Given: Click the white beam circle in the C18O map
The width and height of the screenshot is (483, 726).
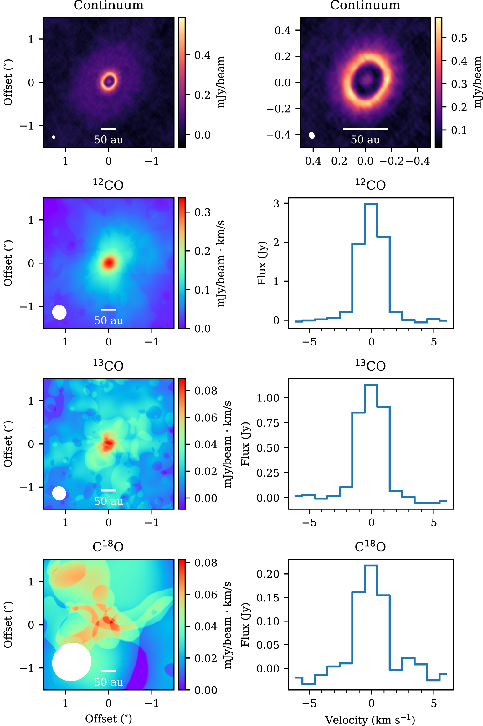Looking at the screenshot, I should [x=72, y=662].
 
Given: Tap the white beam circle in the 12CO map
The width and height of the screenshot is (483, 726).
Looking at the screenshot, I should [x=59, y=312].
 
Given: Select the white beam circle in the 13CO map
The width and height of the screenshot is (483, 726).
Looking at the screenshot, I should [x=59, y=493].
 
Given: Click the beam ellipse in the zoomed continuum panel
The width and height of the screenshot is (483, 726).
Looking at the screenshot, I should [x=312, y=135].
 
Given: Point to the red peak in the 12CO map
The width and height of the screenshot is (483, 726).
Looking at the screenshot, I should [x=109, y=263].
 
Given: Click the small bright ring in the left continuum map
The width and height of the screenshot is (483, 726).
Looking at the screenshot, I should [x=109, y=81].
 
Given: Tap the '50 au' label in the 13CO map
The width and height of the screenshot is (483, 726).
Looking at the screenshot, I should [x=109, y=501].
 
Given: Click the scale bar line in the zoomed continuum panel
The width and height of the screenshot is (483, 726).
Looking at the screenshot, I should [x=365, y=129].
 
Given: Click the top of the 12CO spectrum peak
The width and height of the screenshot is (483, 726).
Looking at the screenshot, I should [x=371, y=204].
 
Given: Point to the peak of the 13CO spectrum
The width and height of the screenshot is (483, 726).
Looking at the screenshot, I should [x=371, y=385].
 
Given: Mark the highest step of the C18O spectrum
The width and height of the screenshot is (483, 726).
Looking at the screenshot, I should [x=371, y=565].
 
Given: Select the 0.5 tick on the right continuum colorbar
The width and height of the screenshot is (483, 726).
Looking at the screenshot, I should [x=459, y=38].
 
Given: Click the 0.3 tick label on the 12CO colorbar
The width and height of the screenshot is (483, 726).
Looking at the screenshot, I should [x=202, y=212].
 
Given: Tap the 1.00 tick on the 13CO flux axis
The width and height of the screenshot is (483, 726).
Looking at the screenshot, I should [x=268, y=398].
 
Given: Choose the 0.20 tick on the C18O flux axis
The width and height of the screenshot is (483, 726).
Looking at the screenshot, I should [x=268, y=574].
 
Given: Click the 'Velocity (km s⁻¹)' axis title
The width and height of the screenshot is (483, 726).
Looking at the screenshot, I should [x=370, y=720].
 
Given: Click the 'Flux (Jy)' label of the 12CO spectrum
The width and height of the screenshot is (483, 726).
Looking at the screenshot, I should [x=262, y=263].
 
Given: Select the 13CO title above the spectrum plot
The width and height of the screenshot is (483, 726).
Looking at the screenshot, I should [x=370, y=365].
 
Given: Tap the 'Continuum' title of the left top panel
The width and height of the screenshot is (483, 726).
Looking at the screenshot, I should [x=109, y=5].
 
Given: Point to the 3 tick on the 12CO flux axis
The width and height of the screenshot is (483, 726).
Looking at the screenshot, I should [x=276, y=203].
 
